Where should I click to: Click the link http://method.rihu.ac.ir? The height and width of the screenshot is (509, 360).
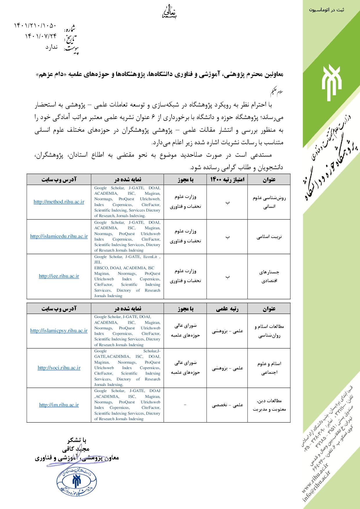click(59, 202)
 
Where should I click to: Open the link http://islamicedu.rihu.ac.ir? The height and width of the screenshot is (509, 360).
click(59, 237)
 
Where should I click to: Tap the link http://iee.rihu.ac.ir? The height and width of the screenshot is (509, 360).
click(59, 276)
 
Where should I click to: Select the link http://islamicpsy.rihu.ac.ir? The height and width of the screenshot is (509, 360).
click(59, 331)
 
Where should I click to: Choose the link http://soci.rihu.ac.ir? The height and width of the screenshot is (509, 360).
click(59, 368)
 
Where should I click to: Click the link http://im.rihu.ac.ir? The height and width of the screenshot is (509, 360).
click(59, 405)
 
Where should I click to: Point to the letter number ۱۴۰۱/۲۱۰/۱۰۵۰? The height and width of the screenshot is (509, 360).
click(35, 26)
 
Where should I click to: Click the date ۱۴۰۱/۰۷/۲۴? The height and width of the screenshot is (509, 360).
click(41, 36)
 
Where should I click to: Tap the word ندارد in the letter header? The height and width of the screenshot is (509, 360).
click(51, 47)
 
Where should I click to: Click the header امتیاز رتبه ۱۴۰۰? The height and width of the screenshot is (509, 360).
click(227, 180)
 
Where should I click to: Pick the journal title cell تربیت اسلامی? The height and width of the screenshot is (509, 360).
click(269, 237)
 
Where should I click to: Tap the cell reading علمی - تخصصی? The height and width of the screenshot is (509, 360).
click(227, 405)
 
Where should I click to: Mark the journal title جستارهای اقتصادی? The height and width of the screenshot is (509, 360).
click(269, 277)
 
